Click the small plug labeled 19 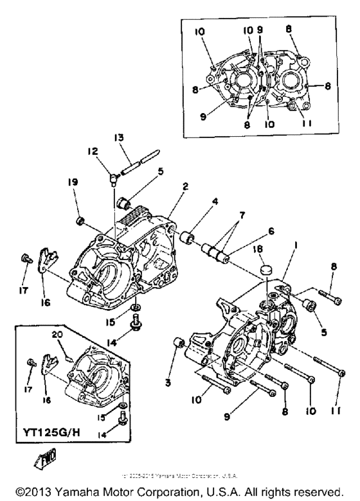[x=82, y=222]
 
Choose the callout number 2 [x=184, y=186]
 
